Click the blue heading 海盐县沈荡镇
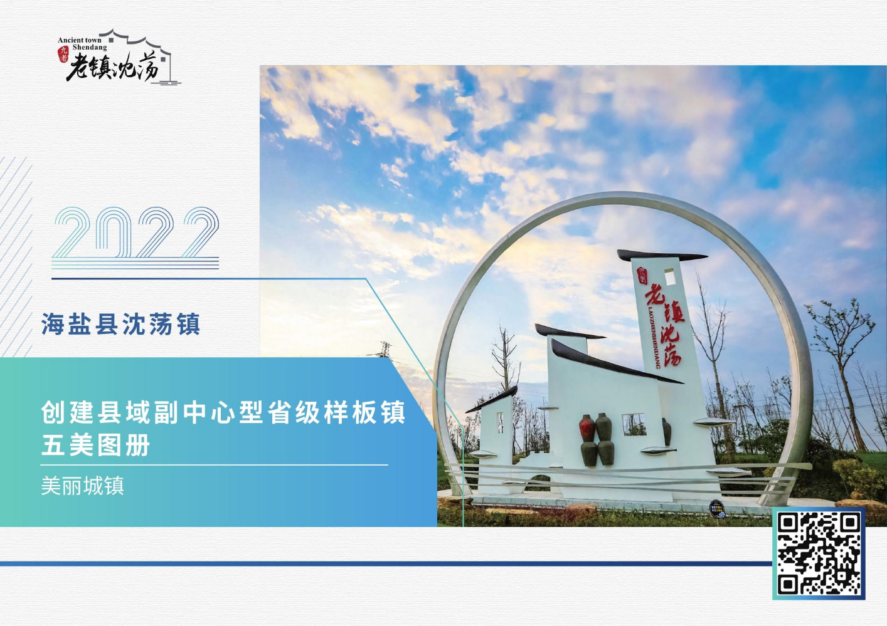(x=121, y=324)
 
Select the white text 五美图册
(x=95, y=445)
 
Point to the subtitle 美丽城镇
(x=82, y=486)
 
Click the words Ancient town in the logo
(x=79, y=40)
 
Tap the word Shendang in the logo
(x=90, y=47)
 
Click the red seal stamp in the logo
(x=63, y=54)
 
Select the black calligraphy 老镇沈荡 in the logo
(x=113, y=67)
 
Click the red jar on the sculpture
(x=587, y=429)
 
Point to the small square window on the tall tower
(x=670, y=276)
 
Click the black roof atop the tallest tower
(x=662, y=256)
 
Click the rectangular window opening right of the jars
(x=634, y=425)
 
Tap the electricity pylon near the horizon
(x=383, y=350)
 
